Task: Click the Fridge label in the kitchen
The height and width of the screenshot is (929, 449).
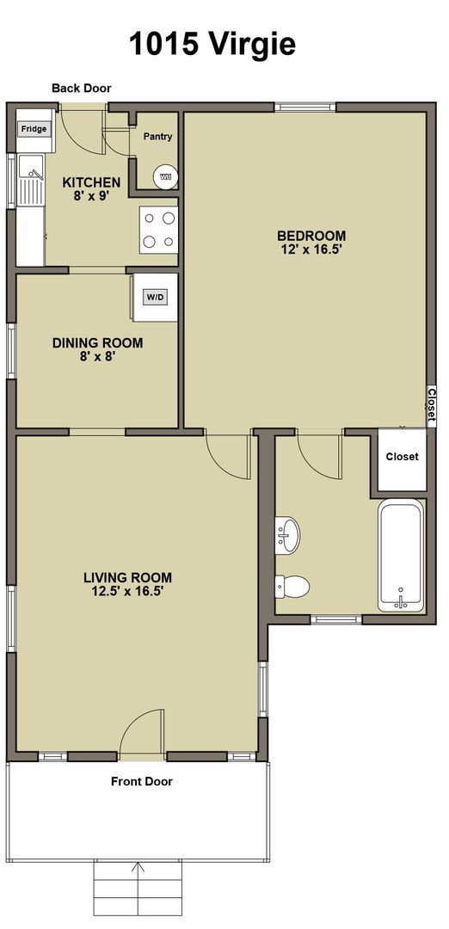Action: [34, 128]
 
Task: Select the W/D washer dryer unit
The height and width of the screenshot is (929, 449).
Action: [156, 298]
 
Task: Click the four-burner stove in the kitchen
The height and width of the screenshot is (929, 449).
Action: [159, 230]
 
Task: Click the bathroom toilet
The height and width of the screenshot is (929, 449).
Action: [292, 587]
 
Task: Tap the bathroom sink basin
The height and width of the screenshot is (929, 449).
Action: [288, 534]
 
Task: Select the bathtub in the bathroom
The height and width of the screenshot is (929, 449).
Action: [401, 555]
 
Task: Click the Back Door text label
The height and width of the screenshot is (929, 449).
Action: [81, 89]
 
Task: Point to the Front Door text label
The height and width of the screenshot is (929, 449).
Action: [142, 781]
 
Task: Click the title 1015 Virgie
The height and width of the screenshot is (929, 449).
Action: [212, 44]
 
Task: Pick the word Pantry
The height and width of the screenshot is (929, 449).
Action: [158, 137]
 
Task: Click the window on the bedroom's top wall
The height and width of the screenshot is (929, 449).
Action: [305, 108]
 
